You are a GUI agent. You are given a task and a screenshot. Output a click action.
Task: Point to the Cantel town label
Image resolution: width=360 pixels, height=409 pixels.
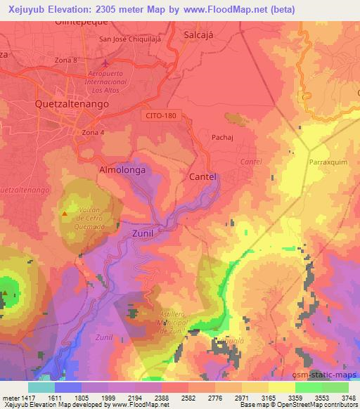(202, 176)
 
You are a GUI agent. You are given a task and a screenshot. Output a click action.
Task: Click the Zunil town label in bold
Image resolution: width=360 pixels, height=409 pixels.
(143, 231)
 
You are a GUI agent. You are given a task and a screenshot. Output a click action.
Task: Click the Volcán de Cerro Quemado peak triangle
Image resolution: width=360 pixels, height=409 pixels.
(65, 213)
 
